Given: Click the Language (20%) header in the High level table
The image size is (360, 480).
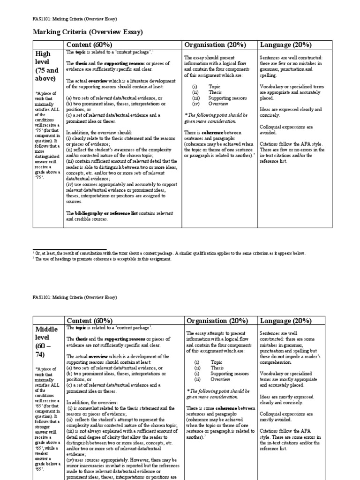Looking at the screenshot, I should tap(285, 45).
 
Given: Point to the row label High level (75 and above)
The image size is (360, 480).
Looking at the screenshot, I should tap(46, 66).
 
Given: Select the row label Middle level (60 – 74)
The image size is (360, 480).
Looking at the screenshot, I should tap(45, 342).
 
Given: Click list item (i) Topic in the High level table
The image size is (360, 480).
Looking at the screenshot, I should tap(206, 87).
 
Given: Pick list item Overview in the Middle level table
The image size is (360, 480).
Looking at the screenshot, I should tap(220, 379).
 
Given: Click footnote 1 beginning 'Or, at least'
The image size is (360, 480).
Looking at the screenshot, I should tap(169, 253).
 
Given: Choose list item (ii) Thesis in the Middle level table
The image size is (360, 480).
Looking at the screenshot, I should tap(207, 368).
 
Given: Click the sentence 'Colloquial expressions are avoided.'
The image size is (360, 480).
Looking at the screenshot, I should tap(286, 130).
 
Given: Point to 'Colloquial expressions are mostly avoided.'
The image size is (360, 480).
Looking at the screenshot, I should tap(286, 417).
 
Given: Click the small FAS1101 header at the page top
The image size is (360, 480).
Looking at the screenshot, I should tap(75, 19).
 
